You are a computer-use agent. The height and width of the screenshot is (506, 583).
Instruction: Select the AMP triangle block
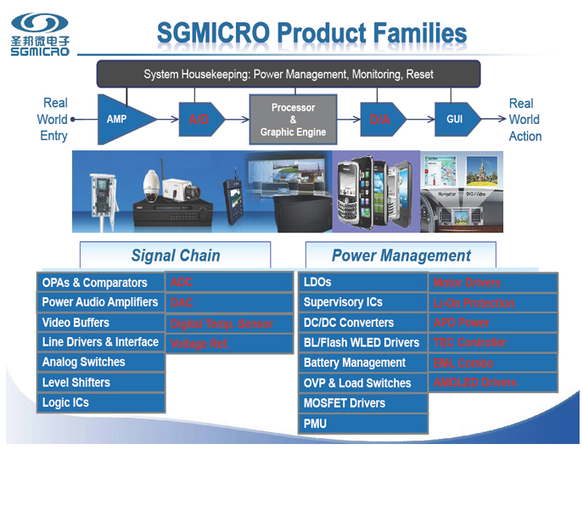coord(124,119)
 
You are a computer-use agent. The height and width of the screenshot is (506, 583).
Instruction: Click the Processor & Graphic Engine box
coord(293,120)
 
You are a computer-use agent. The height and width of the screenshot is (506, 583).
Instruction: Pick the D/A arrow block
coord(382,120)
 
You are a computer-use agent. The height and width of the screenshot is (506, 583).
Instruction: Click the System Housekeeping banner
coord(289,74)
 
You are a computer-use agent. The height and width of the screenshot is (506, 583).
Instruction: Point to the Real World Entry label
coord(53,120)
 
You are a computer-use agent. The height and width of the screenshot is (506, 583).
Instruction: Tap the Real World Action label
coord(524,120)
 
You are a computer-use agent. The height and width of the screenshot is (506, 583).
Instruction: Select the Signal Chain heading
coord(176,256)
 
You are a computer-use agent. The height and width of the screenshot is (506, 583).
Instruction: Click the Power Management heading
coord(401,256)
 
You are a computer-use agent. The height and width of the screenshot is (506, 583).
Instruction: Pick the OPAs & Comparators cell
coord(101,283)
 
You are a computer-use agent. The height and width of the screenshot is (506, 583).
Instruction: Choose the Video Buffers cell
coord(101,323)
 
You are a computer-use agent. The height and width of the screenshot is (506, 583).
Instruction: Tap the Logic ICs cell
coord(101,402)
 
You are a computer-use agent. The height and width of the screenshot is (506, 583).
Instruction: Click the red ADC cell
coord(229,283)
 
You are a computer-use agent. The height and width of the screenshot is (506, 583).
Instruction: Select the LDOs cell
coord(364,282)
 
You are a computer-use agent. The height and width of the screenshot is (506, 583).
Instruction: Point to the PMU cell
coord(364,423)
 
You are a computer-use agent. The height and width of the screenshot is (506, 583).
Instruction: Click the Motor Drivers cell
coord(493,283)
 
